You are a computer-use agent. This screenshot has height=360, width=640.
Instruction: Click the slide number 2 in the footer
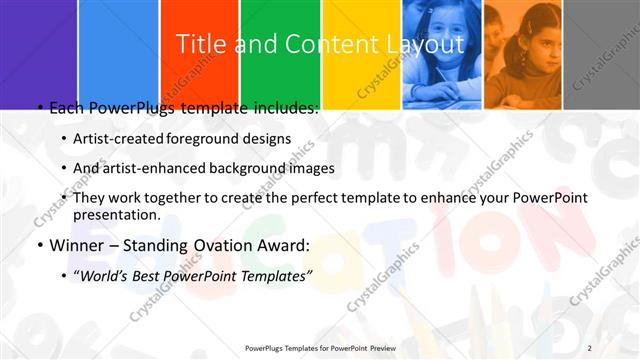590,347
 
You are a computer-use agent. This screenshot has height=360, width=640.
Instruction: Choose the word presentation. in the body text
117,214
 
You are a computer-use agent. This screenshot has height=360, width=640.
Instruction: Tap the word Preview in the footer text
377,348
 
